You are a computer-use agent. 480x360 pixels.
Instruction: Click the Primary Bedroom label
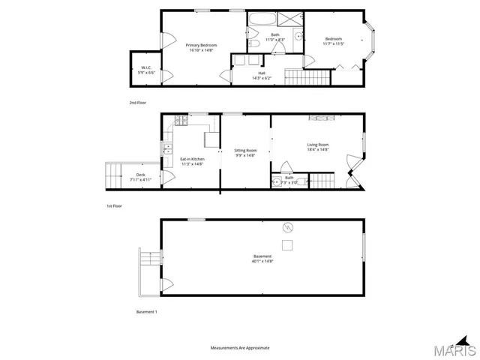click(200, 48)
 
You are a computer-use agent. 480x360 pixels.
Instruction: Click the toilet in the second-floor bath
click(255, 45)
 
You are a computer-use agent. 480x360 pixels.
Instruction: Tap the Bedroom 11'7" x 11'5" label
click(334, 41)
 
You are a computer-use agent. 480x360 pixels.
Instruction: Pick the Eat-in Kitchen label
click(192, 160)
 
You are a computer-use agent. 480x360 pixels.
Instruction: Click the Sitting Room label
click(245, 153)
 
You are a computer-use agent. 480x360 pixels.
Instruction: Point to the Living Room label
click(318, 147)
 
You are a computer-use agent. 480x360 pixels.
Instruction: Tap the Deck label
click(120, 177)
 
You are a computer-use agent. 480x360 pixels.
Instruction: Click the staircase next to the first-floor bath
click(321, 180)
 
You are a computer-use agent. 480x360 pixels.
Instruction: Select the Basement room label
click(262, 259)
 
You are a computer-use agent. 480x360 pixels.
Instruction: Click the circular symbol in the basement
click(286, 227)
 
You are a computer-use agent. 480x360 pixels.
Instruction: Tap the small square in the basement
click(286, 244)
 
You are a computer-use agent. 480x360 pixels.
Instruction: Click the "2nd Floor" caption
click(137, 102)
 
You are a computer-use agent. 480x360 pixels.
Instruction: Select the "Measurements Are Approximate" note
click(240, 348)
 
